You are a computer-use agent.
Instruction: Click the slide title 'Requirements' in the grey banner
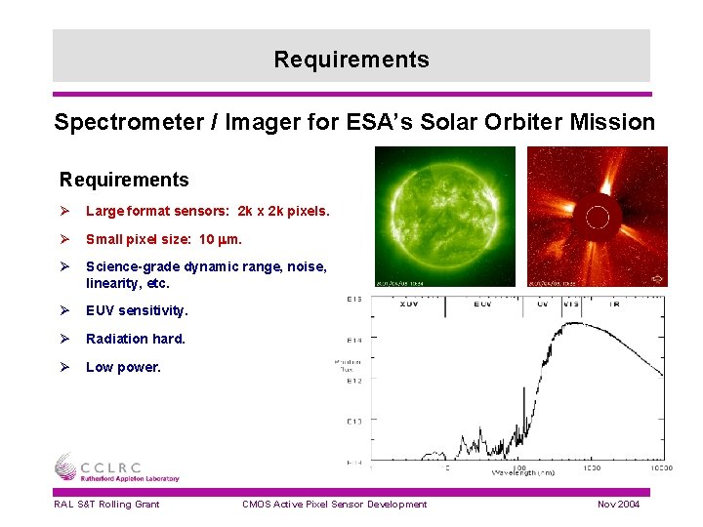(x=351, y=60)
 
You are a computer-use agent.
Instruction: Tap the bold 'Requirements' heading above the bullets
(x=124, y=180)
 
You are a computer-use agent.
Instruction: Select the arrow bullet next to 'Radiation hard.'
(x=65, y=339)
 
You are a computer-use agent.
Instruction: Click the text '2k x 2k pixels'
(x=283, y=211)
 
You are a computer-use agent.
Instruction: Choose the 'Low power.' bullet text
(x=123, y=367)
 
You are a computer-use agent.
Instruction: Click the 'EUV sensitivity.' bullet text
(x=137, y=310)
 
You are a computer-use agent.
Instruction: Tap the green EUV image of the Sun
(x=445, y=216)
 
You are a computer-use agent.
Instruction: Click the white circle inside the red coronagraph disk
(x=598, y=216)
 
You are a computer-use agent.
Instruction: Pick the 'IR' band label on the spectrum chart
(x=614, y=304)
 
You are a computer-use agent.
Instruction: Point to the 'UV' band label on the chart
(x=542, y=304)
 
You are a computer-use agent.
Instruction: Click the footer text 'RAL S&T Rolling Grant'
(x=106, y=504)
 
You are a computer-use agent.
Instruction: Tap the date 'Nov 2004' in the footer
(x=618, y=504)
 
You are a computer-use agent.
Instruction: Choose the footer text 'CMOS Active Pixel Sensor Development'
(x=335, y=504)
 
